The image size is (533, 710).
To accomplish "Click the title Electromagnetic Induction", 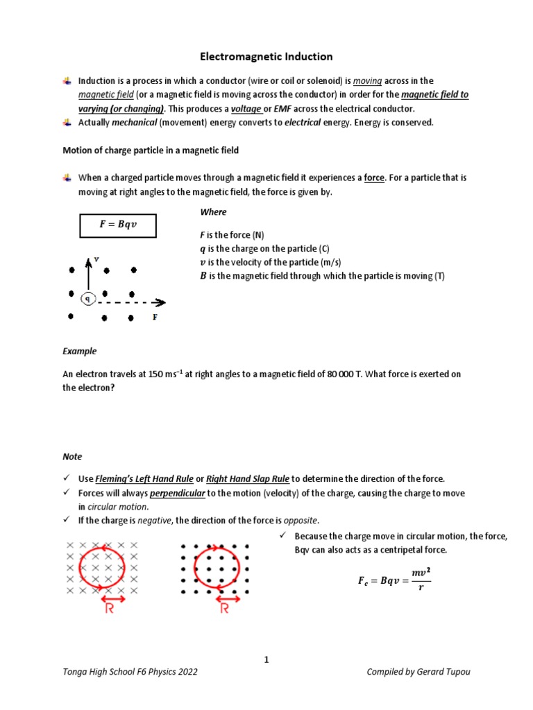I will click(266, 56).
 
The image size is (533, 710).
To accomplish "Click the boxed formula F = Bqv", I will click(117, 225).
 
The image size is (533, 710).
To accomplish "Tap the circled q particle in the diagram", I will click(88, 299).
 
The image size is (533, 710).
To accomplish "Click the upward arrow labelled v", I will click(88, 275).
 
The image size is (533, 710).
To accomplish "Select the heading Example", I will click(80, 351).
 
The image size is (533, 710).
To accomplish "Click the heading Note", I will click(72, 456).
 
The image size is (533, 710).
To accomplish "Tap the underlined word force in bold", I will click(374, 177).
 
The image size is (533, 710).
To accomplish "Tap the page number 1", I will click(266, 660).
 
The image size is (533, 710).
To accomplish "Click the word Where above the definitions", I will click(213, 211).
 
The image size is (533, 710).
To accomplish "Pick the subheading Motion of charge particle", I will click(151, 150).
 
